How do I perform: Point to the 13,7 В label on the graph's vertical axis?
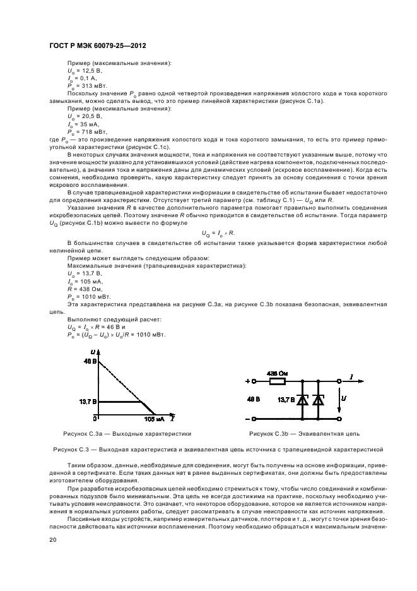click(x=88, y=401)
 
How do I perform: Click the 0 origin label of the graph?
click(x=96, y=418)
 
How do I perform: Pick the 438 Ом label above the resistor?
click(x=276, y=373)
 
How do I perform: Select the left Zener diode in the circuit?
click(x=303, y=400)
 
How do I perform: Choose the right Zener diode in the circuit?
click(x=319, y=400)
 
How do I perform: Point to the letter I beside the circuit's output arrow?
click(x=351, y=377)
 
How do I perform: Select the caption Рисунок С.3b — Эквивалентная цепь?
click(x=304, y=434)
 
